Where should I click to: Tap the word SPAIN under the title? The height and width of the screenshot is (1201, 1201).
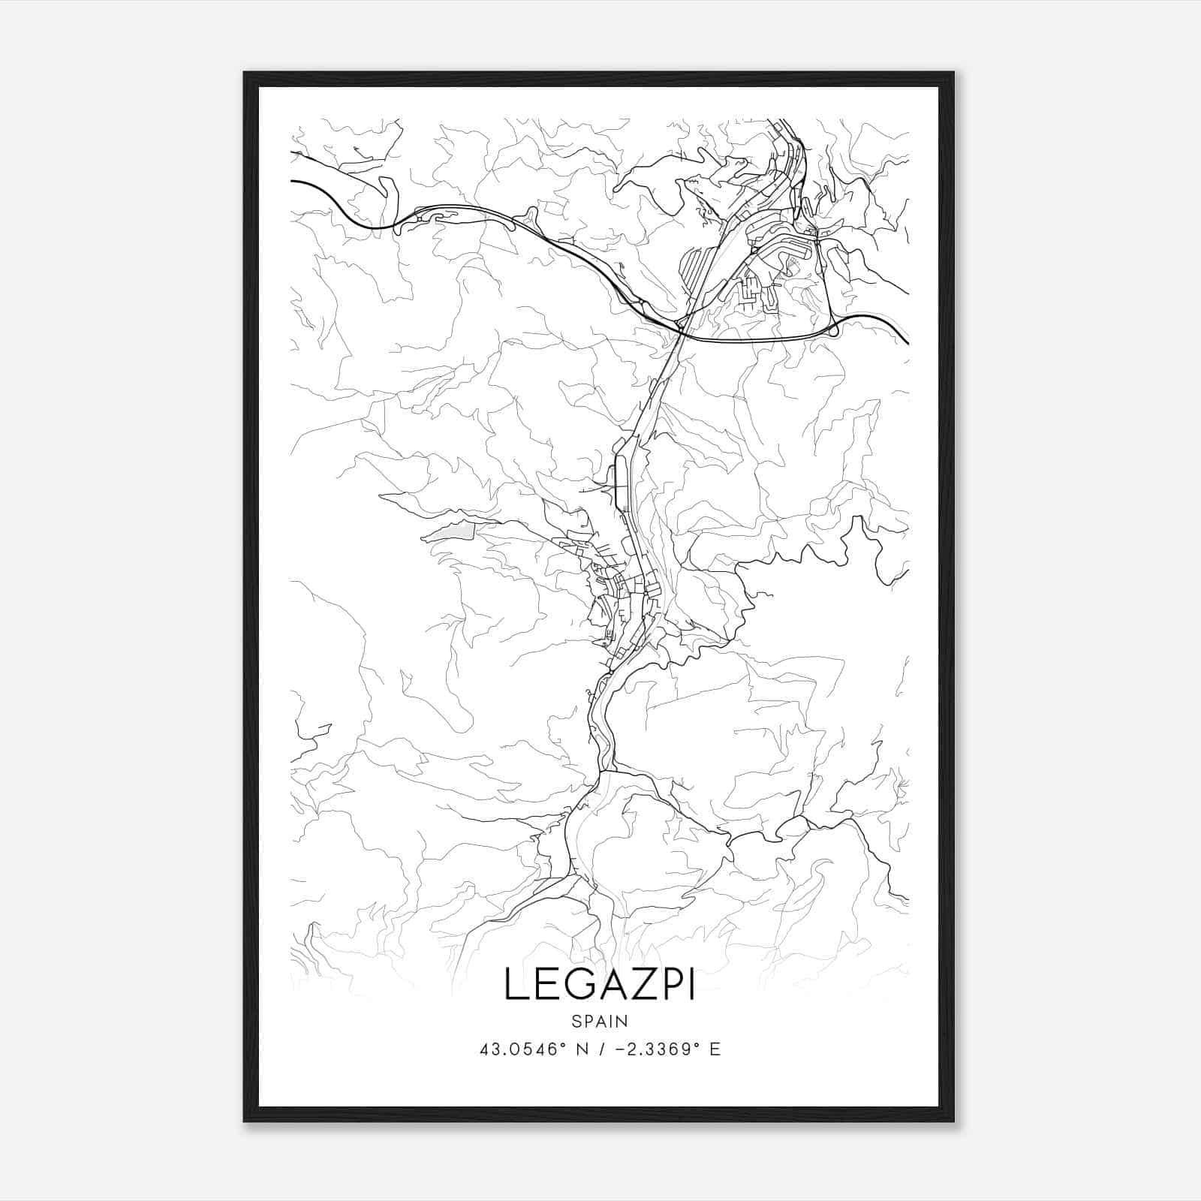[x=599, y=1021]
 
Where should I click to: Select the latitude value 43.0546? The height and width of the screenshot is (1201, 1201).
[x=517, y=1049]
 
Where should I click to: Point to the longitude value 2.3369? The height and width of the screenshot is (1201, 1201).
[x=657, y=1049]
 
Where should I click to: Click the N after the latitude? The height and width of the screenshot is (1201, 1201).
[x=580, y=1049]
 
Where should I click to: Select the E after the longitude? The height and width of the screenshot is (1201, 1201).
[x=715, y=1049]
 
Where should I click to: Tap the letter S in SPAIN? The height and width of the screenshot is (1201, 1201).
[x=576, y=1021]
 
